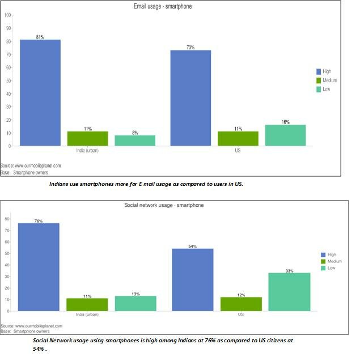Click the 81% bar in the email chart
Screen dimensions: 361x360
coord(40,93)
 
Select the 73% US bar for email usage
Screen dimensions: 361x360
coord(190,98)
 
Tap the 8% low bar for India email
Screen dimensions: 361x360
coord(135,141)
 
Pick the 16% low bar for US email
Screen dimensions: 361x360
coord(285,135)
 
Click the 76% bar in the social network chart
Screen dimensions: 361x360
coord(39,267)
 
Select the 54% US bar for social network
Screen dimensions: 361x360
coord(193,280)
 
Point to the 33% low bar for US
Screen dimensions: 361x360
coord(289,292)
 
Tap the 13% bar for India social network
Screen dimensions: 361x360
coord(135,303)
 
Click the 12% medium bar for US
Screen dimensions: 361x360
coord(241,304)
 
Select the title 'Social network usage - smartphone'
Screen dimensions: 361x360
coord(164,205)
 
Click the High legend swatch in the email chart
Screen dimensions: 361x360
coord(319,71)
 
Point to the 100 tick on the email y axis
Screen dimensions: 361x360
coord(8,15)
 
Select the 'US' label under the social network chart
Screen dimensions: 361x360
coord(241,315)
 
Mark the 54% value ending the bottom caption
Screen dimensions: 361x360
coord(39,349)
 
